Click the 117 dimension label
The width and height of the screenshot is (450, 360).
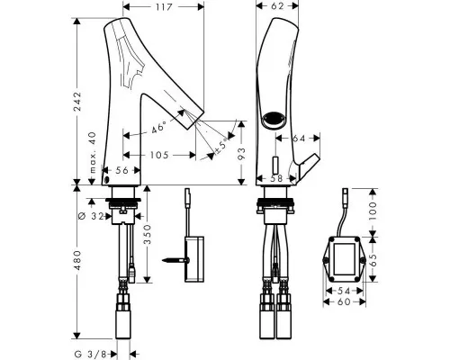164,7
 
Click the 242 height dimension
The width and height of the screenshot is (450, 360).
77,102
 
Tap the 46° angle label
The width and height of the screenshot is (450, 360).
158,128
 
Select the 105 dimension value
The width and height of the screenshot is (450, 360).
159,155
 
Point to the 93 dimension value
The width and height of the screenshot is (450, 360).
241,154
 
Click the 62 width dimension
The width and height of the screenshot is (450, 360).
277,5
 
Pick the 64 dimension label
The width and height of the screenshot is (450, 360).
299,138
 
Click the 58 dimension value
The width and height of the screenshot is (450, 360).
276,178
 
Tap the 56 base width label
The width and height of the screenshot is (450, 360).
121,170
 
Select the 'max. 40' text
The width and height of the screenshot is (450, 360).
93,152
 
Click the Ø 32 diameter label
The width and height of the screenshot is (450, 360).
91,216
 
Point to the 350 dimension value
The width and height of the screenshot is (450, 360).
148,235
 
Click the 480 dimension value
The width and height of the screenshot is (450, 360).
77,260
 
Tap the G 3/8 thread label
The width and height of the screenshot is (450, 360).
90,355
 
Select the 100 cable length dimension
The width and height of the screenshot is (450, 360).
372,211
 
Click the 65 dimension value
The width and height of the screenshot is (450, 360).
372,259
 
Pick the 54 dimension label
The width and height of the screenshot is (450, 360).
344,291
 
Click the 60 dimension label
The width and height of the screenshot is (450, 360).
344,301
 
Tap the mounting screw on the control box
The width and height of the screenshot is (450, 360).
175,260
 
